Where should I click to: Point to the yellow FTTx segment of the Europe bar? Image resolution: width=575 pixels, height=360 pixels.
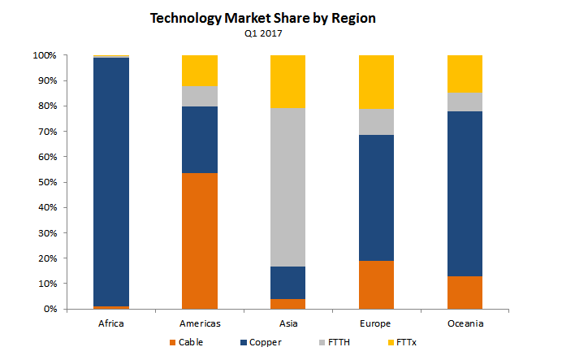click(376, 82)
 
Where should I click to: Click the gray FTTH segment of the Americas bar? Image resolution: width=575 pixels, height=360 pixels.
click(200, 96)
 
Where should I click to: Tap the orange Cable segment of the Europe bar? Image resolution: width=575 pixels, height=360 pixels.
click(376, 284)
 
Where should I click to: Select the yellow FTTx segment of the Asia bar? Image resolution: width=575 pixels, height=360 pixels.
click(287, 81)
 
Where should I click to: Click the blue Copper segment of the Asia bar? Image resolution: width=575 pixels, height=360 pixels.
click(287, 282)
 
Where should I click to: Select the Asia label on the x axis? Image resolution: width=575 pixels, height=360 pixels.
click(287, 322)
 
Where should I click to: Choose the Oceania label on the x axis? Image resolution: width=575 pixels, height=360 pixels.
click(465, 322)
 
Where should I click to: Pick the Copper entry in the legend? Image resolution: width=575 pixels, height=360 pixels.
click(262, 342)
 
